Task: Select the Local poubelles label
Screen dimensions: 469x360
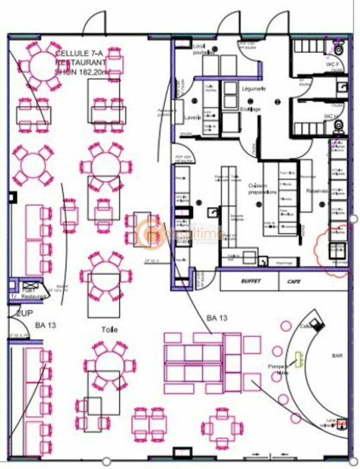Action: (202, 49)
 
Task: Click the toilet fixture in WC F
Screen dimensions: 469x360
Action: (340, 50)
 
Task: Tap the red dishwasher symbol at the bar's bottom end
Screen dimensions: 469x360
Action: (341, 424)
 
